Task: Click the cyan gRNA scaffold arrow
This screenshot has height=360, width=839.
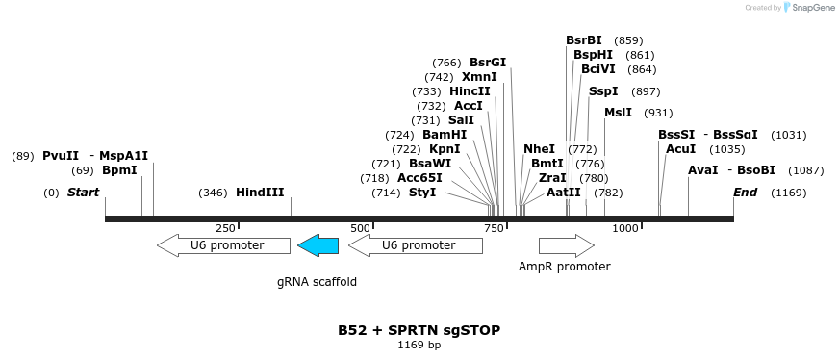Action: pyautogui.click(x=318, y=245)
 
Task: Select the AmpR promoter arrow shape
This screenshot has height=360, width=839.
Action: pyautogui.click(x=566, y=245)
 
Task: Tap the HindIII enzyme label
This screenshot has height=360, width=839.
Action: pyautogui.click(x=260, y=193)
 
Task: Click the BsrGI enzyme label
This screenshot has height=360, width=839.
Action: pyautogui.click(x=488, y=63)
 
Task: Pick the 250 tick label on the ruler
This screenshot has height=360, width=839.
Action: pyautogui.click(x=225, y=228)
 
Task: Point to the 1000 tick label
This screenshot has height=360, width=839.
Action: pyautogui.click(x=625, y=228)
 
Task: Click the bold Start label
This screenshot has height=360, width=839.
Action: pyautogui.click(x=83, y=193)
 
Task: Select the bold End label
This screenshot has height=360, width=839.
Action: pyautogui.click(x=745, y=193)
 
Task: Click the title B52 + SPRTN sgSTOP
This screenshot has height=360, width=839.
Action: pyautogui.click(x=419, y=330)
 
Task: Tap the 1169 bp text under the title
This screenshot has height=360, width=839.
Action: pyautogui.click(x=419, y=345)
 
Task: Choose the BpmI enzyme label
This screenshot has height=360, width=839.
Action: pyautogui.click(x=119, y=170)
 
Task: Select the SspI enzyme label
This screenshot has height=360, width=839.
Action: pyautogui.click(x=603, y=91)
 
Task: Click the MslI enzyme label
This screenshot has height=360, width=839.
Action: pyautogui.click(x=618, y=113)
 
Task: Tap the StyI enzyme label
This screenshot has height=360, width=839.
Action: pyautogui.click(x=422, y=193)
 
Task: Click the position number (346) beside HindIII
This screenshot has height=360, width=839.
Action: pyautogui.click(x=213, y=193)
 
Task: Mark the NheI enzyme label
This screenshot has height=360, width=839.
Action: pyautogui.click(x=539, y=149)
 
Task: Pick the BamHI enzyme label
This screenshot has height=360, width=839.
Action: pyautogui.click(x=445, y=135)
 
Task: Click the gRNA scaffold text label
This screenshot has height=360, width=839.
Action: pyautogui.click(x=317, y=282)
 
